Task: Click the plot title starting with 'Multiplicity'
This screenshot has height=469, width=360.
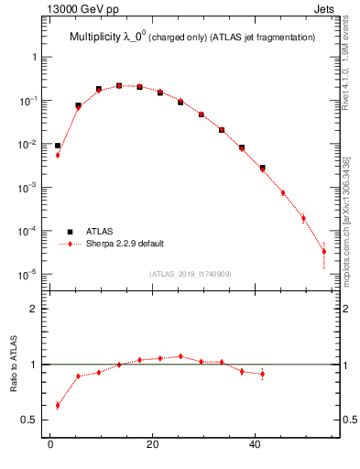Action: [x=192, y=38]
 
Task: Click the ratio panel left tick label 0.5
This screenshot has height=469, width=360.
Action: [x=30, y=420]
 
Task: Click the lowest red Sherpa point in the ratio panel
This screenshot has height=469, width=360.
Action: [x=58, y=405]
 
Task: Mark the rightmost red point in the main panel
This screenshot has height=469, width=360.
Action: [x=323, y=251]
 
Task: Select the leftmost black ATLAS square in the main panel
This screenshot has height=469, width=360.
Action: [x=58, y=146]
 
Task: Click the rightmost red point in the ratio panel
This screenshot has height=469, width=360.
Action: [x=262, y=374]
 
